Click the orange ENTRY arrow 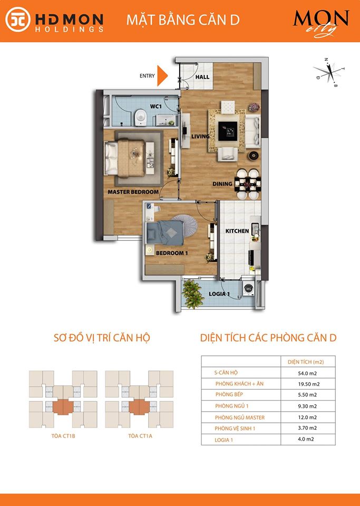(x=162, y=76)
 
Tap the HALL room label (x=202, y=77)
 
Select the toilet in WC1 (x=140, y=117)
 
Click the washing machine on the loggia (x=248, y=289)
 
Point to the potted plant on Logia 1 (x=192, y=294)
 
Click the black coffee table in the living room (x=228, y=131)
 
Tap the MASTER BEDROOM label (x=133, y=192)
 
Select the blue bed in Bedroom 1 (x=165, y=232)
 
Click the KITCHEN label (x=237, y=231)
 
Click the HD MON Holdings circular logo (x=18, y=20)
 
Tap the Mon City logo (x=321, y=23)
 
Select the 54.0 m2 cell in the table (x=307, y=373)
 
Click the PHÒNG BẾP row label (x=229, y=394)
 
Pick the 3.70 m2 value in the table (x=307, y=428)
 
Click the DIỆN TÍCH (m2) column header (x=306, y=362)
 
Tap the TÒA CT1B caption (x=63, y=436)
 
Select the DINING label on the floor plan (x=222, y=184)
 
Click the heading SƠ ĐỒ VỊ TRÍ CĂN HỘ (x=102, y=338)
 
